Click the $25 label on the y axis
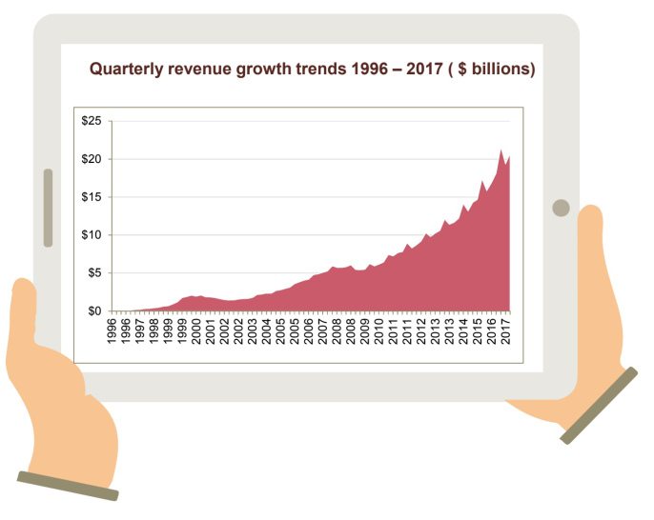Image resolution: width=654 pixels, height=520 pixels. coord(93,121)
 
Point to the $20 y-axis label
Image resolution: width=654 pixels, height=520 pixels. coord(93,159)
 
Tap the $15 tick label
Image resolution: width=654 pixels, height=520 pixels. coord(93,197)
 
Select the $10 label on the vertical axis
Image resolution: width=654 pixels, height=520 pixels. coord(93,235)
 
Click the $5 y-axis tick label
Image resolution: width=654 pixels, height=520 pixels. coord(96,273)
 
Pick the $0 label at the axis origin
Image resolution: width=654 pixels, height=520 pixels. coord(96,311)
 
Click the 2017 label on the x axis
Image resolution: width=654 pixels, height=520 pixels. coord(505,330)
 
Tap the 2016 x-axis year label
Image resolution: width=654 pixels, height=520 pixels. coord(491,330)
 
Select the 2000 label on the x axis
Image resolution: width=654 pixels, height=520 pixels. coord(196,330)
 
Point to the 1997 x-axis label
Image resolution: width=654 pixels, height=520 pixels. coord(140,330)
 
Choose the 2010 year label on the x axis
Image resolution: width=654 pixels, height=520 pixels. coord(378,330)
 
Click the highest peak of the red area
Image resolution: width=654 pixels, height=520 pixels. coord(501,150)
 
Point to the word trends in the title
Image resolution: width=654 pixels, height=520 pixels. coord(306,70)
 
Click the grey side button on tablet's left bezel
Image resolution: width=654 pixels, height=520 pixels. coord(48,208)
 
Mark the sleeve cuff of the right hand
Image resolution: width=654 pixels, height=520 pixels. coord(599,406)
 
